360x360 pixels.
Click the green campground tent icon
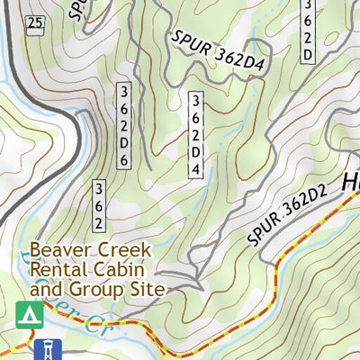pyautogui.click(x=30, y=314)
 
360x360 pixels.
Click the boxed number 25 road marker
pyautogui.click(x=35, y=22)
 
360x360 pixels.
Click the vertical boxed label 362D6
pyautogui.click(x=126, y=127)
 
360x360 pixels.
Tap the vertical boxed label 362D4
pyautogui.click(x=195, y=134)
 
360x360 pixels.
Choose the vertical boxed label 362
pyautogui.click(x=100, y=205)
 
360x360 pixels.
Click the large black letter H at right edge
pyautogui.click(x=351, y=184)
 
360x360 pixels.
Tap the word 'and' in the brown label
pyautogui.click(x=45, y=290)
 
